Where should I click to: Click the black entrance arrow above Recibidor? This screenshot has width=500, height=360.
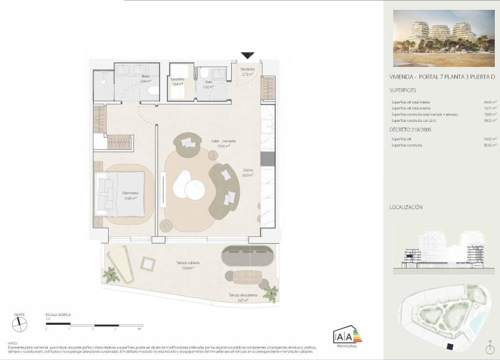[247, 55]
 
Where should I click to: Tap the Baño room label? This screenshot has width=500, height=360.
[145, 76]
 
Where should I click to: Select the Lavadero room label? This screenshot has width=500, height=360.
[177, 79]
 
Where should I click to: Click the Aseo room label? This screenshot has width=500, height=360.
[208, 81]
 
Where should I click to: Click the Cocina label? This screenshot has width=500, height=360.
[248, 170]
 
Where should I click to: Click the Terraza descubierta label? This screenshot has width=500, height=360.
[238, 295]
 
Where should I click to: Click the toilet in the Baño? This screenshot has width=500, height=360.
[153, 92]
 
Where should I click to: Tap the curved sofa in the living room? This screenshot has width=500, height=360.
[224, 191]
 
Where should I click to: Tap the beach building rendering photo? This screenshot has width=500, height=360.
[441, 38]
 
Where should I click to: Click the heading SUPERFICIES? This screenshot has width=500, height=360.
[403, 90]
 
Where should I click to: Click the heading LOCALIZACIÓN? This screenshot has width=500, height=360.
[406, 206]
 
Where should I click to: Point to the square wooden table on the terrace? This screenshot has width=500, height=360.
[148, 264]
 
